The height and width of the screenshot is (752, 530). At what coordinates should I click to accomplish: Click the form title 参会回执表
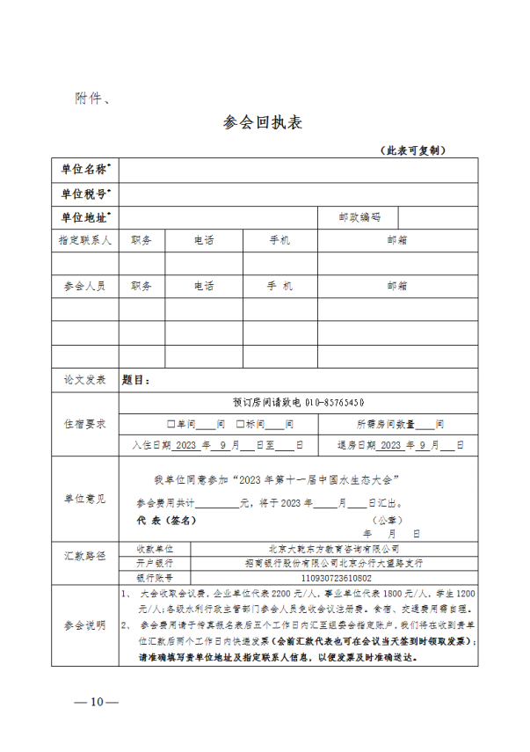[264, 123]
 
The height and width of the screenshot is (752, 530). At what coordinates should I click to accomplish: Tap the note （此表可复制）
[414, 150]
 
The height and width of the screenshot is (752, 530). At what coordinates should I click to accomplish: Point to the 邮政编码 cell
[359, 216]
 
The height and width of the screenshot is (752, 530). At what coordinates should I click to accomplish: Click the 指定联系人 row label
[85, 239]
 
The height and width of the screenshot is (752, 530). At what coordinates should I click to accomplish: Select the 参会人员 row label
[85, 286]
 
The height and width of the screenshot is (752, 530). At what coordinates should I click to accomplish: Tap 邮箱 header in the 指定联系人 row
[396, 239]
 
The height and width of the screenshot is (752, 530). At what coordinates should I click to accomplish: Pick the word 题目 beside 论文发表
[136, 380]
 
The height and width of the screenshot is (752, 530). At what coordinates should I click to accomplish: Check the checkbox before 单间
[171, 424]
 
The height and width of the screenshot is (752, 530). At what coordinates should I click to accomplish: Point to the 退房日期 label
[356, 445]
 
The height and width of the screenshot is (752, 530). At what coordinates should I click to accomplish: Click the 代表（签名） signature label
[166, 520]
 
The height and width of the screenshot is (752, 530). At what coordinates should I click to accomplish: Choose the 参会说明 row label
[85, 624]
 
